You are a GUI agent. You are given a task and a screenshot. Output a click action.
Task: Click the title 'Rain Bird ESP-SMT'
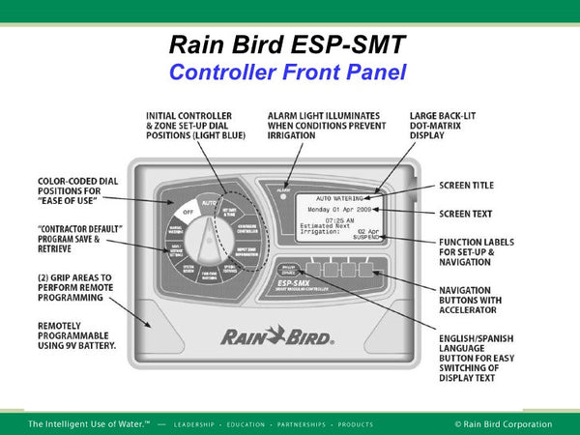tap(289, 44)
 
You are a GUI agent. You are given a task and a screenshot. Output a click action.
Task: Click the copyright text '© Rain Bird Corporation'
tap(503, 424)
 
